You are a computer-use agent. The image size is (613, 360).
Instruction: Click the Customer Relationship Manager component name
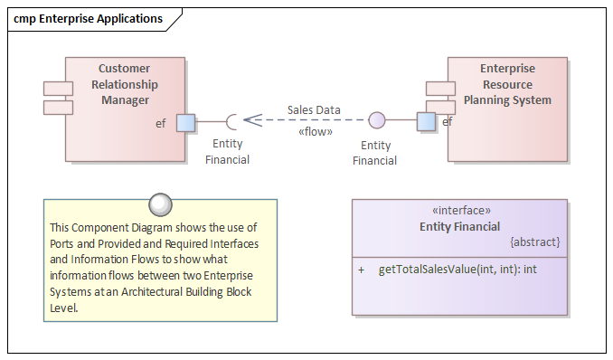click(x=125, y=84)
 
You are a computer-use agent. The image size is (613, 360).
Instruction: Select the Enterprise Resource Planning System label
click(x=507, y=84)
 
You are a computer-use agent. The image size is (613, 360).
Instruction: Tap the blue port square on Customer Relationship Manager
click(x=185, y=122)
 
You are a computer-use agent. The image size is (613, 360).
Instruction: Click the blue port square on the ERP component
click(x=426, y=121)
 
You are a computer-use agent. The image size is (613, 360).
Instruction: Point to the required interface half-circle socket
click(x=233, y=122)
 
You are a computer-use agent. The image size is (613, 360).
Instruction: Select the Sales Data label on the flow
click(x=314, y=110)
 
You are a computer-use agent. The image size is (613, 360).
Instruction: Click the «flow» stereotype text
click(x=315, y=132)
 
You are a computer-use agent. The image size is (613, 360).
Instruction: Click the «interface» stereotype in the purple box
click(x=459, y=210)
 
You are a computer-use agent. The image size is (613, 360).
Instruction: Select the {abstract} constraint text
click(x=535, y=242)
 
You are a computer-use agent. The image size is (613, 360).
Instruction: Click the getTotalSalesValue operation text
click(x=457, y=270)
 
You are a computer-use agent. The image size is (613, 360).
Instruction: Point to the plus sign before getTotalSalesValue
click(x=361, y=270)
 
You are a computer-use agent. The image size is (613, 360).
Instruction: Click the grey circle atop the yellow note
click(x=160, y=204)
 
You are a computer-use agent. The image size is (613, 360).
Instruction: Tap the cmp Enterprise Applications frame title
click(x=88, y=18)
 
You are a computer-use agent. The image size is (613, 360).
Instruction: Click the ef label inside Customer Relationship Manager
click(x=161, y=123)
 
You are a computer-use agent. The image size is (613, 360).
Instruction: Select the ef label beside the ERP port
click(x=447, y=121)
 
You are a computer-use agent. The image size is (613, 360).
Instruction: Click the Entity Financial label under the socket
click(x=227, y=152)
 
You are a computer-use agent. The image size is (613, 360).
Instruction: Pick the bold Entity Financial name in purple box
click(x=459, y=226)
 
